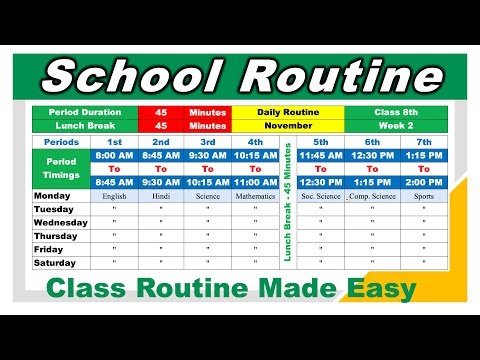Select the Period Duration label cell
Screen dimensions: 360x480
(x=84, y=113)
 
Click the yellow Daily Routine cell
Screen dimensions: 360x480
(x=288, y=113)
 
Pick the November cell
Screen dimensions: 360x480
(x=288, y=126)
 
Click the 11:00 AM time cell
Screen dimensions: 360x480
(x=255, y=182)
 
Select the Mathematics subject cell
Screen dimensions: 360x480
(x=255, y=196)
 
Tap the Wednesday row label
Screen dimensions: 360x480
(x=60, y=222)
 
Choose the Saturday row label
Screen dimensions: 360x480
(x=56, y=262)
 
